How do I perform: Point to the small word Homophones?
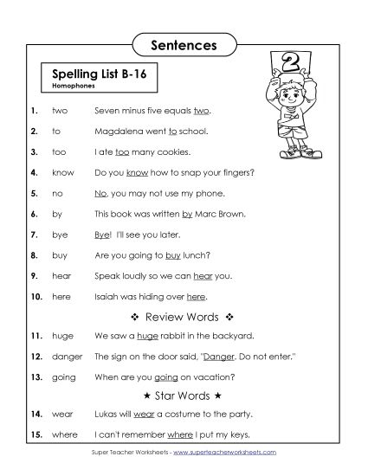coord(72,87)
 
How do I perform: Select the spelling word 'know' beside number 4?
coord(63,171)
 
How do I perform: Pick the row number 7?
coord(33,233)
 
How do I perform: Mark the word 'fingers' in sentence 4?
coord(229,171)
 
